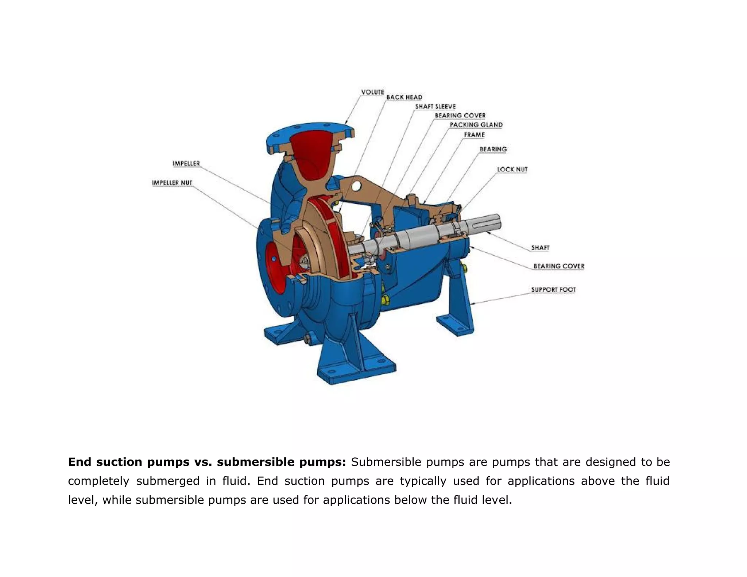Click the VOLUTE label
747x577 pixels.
pyautogui.click(x=372, y=92)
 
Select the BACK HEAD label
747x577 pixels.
pyautogui.click(x=404, y=97)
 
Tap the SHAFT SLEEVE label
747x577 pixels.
pyautogui.click(x=435, y=107)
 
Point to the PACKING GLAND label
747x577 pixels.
pyautogui.click(x=476, y=125)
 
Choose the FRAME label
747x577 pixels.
pyautogui.click(x=474, y=135)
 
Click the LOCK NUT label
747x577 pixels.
pyautogui.click(x=512, y=170)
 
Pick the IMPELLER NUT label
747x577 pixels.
pyautogui.click(x=172, y=183)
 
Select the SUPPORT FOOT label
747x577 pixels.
pyautogui.click(x=553, y=290)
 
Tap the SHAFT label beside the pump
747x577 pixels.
pyautogui.click(x=540, y=248)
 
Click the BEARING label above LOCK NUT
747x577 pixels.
pyautogui.click(x=493, y=149)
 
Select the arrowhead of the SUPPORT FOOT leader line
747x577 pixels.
pyautogui.click(x=472, y=303)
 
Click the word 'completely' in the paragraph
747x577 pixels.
pyautogui.click(x=98, y=481)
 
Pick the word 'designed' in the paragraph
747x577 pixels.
pyautogui.click(x=610, y=462)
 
